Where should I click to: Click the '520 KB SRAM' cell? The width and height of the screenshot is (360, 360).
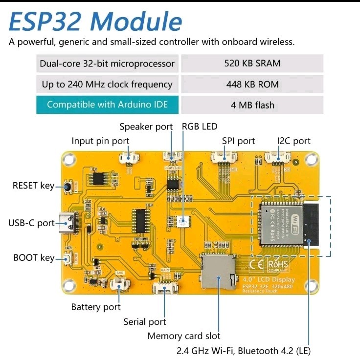(252, 63)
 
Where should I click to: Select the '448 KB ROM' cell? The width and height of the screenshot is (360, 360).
(252, 84)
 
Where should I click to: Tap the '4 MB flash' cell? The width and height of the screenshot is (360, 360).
(252, 105)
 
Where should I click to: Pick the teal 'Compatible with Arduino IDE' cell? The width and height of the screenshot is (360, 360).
(107, 105)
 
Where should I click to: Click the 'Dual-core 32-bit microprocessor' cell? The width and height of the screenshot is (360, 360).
(107, 64)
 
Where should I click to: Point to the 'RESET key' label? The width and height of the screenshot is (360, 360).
(33, 186)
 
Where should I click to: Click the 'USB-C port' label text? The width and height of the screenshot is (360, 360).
(31, 223)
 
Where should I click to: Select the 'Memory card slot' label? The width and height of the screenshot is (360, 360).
(184, 336)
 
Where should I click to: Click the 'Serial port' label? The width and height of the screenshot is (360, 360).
(145, 322)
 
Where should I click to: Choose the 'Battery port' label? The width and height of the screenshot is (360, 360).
(96, 307)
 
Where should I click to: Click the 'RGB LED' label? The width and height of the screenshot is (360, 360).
(200, 127)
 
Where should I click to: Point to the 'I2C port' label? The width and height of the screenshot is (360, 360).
(293, 141)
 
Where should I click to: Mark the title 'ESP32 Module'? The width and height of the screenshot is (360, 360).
(96, 21)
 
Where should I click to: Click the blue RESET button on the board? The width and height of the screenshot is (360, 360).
(68, 186)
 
